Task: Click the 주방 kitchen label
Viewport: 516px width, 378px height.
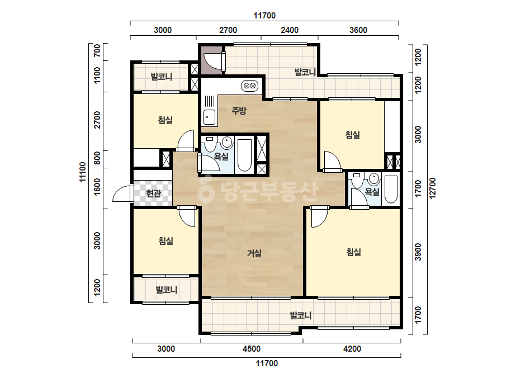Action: pos(239,111)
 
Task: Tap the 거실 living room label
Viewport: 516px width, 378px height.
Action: pos(254,253)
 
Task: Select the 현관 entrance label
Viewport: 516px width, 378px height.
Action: pos(153,193)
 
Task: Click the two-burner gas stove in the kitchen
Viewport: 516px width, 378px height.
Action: pos(250,86)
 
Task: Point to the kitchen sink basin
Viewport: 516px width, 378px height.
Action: pos(209,117)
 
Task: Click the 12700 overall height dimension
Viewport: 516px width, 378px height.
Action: pos(432,188)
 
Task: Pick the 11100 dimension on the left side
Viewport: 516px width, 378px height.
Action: pos(83,172)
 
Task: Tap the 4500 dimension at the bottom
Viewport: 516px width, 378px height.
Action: pos(252,349)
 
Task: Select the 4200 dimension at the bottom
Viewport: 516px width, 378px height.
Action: pos(352,349)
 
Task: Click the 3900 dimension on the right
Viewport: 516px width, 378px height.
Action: pos(418,252)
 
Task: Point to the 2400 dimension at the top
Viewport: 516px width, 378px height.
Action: pos(290,30)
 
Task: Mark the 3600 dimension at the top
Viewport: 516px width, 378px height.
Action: pos(358,30)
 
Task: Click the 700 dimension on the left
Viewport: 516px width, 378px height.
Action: pos(97,51)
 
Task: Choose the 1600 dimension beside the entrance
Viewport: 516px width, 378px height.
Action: pos(97,187)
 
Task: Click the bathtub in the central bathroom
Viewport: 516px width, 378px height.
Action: pos(244,155)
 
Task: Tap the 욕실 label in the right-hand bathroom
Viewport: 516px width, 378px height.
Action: pos(372,191)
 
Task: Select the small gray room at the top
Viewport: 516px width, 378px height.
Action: pos(212,60)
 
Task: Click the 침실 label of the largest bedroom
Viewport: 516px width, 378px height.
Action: pos(354,252)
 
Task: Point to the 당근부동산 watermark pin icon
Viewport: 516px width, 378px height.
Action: pos(206,190)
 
